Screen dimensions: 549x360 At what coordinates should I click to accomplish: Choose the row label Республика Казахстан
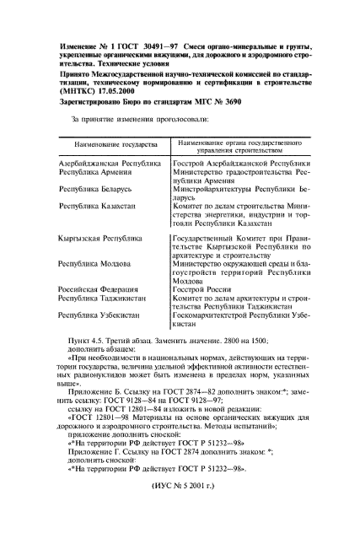tap(95, 206)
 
